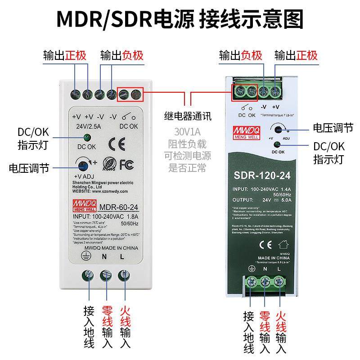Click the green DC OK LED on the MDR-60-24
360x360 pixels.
point(87,138)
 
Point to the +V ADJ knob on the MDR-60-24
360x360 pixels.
point(83,163)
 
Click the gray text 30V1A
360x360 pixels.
point(187,133)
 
